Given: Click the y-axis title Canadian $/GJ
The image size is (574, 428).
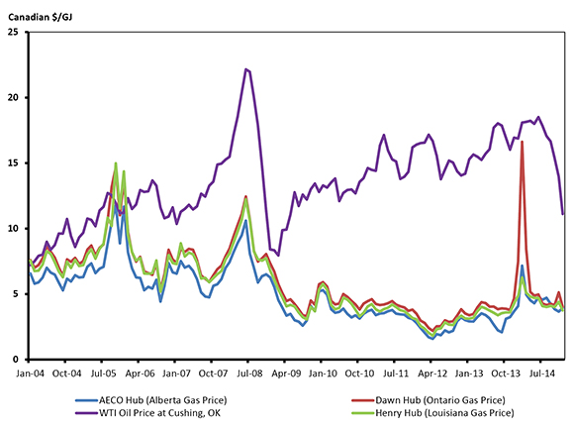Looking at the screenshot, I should (38, 12).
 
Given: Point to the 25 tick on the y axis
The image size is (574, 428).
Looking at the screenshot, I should (17, 33).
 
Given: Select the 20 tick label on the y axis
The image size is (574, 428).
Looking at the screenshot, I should (17, 98).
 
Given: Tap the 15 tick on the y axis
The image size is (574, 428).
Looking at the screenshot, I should (17, 163).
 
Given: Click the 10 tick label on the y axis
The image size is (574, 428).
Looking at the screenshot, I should (17, 229).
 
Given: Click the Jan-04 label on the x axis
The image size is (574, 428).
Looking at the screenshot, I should (31, 375).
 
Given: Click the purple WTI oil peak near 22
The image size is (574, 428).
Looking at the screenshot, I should (245, 69).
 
